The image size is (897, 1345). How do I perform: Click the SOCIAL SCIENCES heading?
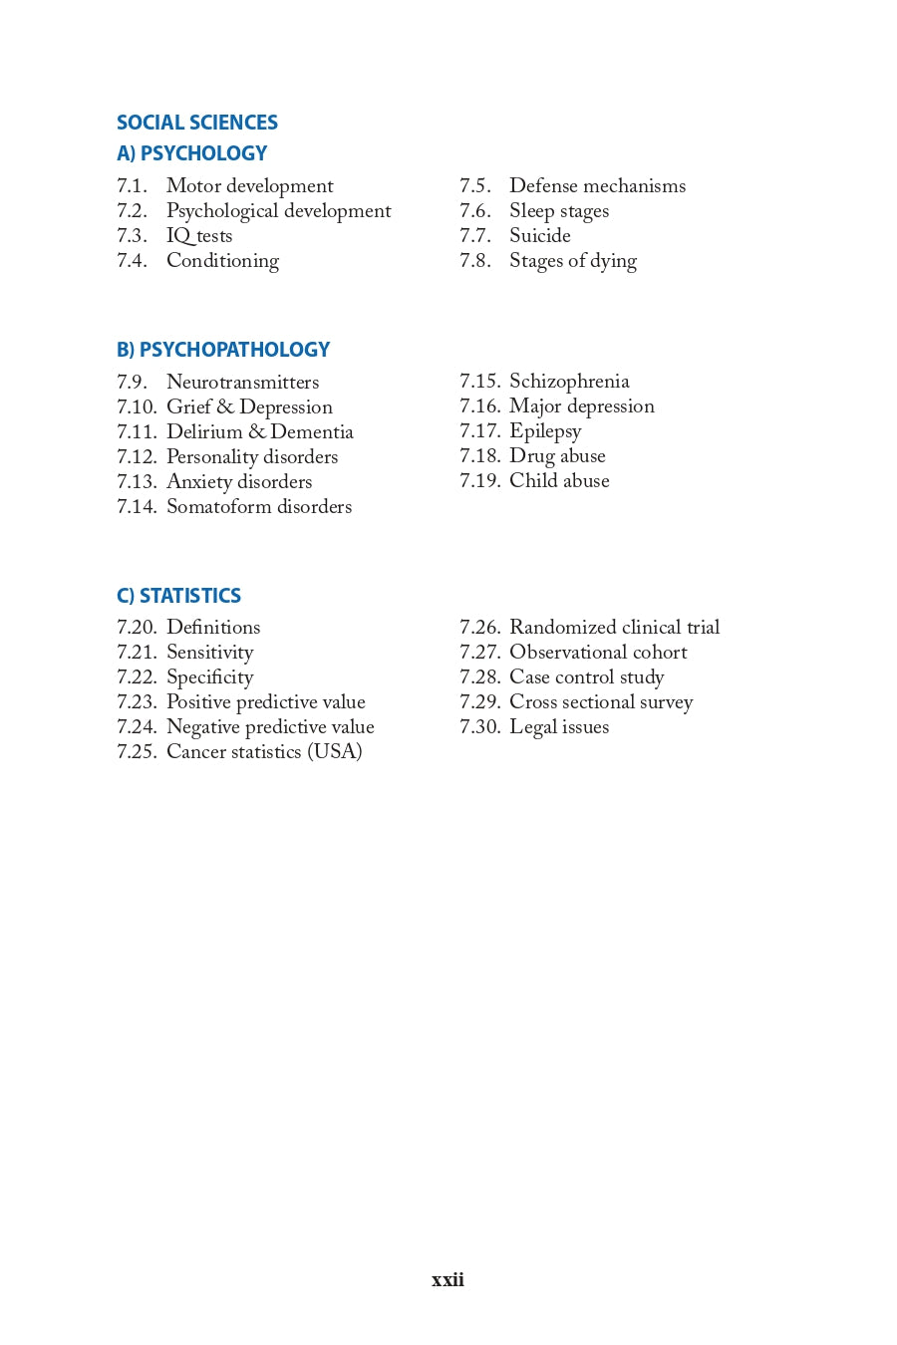(197, 123)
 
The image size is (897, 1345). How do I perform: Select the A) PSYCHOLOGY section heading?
(191, 153)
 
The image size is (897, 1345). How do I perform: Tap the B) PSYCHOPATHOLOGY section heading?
(223, 350)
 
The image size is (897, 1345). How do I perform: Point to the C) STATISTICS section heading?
(178, 596)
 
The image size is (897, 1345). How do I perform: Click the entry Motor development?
(249, 186)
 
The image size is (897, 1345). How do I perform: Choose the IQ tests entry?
(199, 236)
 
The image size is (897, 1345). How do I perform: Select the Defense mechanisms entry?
(597, 186)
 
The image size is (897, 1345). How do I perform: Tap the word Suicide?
(540, 236)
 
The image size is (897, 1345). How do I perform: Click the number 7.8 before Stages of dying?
(474, 261)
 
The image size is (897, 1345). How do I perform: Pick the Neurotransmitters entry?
(242, 383)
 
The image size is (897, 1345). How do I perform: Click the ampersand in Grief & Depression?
(225, 407)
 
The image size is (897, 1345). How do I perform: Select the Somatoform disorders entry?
(259, 507)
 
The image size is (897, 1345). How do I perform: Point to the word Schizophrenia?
(569, 382)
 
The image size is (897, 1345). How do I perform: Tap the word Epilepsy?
(545, 431)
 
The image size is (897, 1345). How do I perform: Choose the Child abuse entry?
(559, 481)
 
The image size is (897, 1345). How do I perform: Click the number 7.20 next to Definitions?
(137, 628)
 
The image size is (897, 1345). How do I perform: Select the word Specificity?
(209, 677)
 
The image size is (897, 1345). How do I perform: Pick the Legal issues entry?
(559, 727)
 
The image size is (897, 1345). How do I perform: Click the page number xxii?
(448, 1280)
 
